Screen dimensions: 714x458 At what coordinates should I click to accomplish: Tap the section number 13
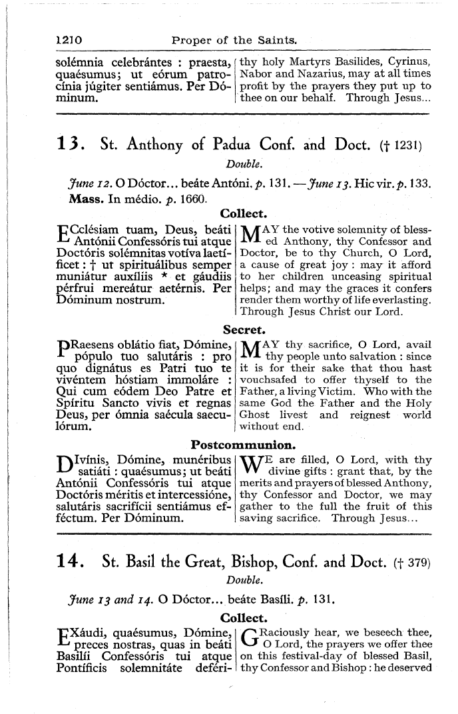(x=71, y=143)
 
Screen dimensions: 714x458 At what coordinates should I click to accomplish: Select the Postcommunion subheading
(x=244, y=443)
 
